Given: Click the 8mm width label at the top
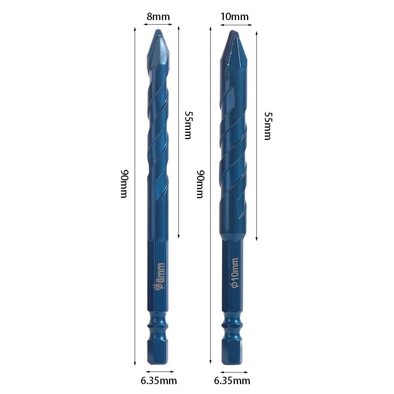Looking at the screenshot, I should pyautogui.click(x=158, y=17).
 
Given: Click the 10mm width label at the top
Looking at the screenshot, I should pyautogui.click(x=235, y=17).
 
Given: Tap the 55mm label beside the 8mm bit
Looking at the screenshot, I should pyautogui.click(x=188, y=125).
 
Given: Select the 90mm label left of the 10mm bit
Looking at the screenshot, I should pyautogui.click(x=200, y=184).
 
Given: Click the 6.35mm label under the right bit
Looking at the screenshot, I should pyautogui.click(x=232, y=381).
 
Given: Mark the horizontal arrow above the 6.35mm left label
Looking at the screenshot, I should pyautogui.click(x=160, y=371).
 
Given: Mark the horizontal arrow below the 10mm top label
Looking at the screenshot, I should pyautogui.click(x=236, y=25).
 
